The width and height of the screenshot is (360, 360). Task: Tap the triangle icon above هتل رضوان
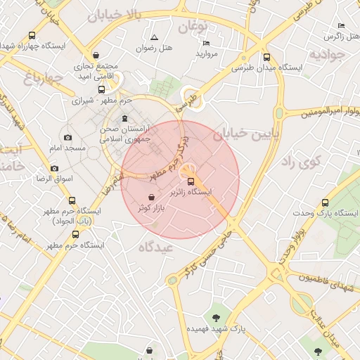[x=154, y=37]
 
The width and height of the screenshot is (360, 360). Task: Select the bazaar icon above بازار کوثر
[x=153, y=198]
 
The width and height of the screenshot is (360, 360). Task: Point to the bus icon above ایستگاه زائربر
[x=192, y=181]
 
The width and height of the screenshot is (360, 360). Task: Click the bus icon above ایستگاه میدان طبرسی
[x=266, y=58]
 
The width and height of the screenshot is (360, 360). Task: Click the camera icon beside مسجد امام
[x=67, y=138]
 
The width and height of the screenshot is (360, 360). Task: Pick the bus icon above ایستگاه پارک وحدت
[x=324, y=202]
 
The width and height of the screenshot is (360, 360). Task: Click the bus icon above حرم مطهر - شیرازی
[x=102, y=90]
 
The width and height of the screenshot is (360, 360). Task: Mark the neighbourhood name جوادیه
[x=327, y=54]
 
